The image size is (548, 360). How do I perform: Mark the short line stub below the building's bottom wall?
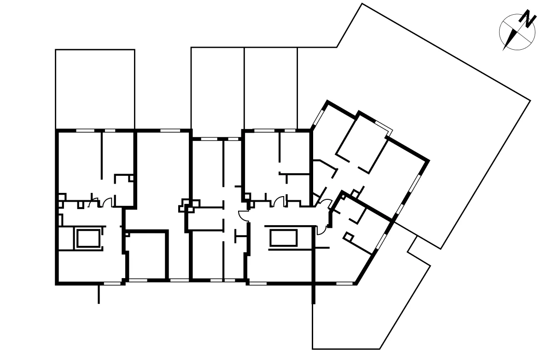[x=99, y=295]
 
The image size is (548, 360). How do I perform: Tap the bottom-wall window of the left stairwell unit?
[x=109, y=283]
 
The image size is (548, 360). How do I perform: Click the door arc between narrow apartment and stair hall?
[x=243, y=215]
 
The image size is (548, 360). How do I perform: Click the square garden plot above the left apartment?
[x=95, y=89]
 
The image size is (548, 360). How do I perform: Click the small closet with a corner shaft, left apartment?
[x=123, y=190]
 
